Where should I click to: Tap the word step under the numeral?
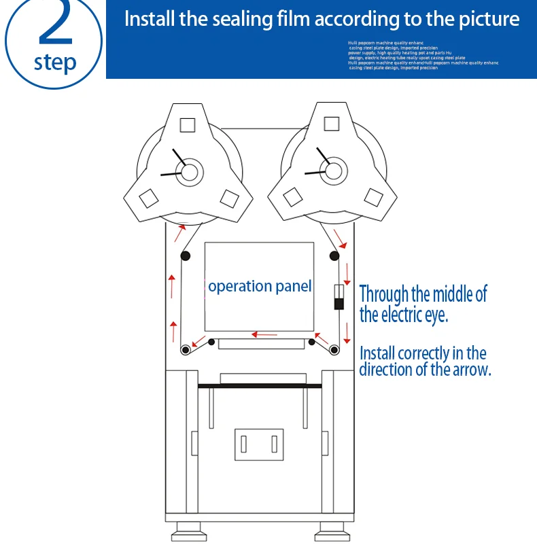pos(55,63)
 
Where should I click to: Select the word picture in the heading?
pos(488,18)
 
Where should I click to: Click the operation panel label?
pos(260,286)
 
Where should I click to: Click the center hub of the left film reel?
pos(188,170)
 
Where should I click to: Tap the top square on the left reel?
pos(188,125)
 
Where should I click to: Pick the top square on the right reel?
pos(332,124)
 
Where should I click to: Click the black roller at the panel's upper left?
pos(184,255)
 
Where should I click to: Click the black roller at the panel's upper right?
pos(334,255)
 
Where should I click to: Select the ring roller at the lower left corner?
pos(184,350)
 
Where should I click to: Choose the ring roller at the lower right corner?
pos(334,350)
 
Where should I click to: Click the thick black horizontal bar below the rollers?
pos(259,386)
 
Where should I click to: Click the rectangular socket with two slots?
pos(258,444)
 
